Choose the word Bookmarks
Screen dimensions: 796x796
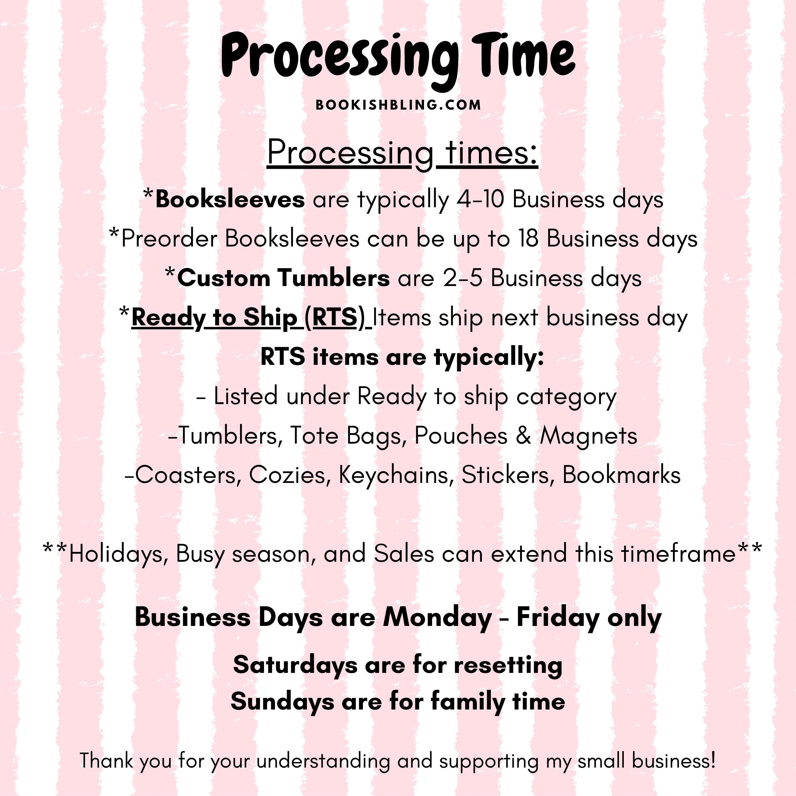click(x=621, y=475)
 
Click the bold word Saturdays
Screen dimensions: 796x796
click(x=295, y=665)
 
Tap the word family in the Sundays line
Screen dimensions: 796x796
click(x=468, y=702)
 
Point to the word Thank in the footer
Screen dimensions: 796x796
click(x=107, y=760)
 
